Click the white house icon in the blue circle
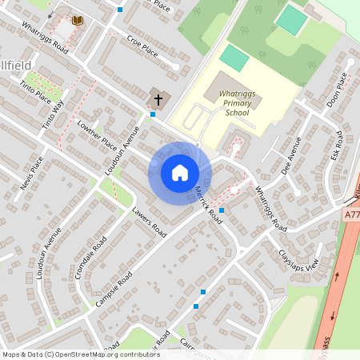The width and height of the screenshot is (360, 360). (179, 173)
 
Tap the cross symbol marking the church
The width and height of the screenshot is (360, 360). (158, 99)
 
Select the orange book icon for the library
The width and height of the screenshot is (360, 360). (78, 20)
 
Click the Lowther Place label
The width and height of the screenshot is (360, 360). (97, 134)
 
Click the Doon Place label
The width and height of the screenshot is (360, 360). (335, 90)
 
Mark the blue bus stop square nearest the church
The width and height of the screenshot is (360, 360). (153, 114)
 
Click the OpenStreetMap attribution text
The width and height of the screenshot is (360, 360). (80, 354)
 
